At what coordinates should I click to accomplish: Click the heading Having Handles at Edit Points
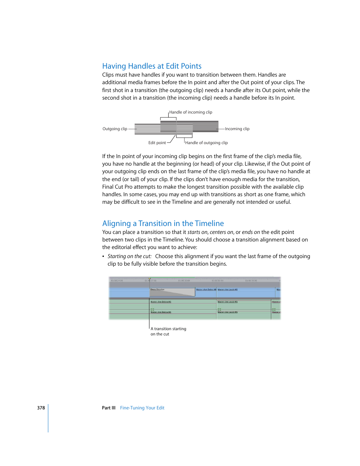coord(152,66)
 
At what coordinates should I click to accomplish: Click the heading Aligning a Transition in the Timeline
coord(163,223)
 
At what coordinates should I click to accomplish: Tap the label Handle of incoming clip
coord(191,112)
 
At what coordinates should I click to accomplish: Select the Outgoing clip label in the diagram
coord(115,129)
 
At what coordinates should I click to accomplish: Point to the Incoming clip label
coord(237,129)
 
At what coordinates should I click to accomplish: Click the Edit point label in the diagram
coord(157,143)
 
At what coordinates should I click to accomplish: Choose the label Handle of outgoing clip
coord(206,143)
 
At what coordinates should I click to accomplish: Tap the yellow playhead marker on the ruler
coord(149,280)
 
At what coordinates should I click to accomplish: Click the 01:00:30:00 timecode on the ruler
coord(184,281)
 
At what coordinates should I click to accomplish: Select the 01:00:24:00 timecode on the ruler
coord(117,281)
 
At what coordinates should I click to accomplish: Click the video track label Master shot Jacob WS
coord(228,290)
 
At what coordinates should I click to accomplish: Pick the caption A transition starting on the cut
coord(168,331)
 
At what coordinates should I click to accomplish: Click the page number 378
coord(41,408)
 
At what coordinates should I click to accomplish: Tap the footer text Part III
coord(109,408)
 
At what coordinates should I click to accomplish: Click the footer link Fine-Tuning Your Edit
coord(142,408)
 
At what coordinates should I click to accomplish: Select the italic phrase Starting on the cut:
coord(129,256)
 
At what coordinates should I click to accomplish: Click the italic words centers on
coord(222,232)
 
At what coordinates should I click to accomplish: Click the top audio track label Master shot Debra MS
coord(161,302)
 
